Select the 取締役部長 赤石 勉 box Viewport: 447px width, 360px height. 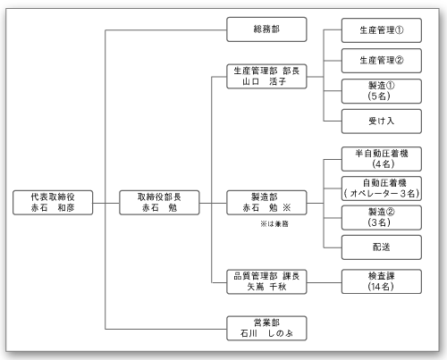[159, 202]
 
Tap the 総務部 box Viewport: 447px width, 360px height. [266, 30]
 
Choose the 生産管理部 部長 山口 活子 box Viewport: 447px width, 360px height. [266, 75]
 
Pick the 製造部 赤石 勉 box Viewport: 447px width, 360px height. [266, 202]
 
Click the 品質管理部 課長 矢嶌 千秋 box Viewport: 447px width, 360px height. [266, 280]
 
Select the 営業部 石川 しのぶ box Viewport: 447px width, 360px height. [266, 327]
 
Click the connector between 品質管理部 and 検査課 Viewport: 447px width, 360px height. [324, 280]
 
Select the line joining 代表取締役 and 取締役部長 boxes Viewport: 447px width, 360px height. [105, 202]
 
